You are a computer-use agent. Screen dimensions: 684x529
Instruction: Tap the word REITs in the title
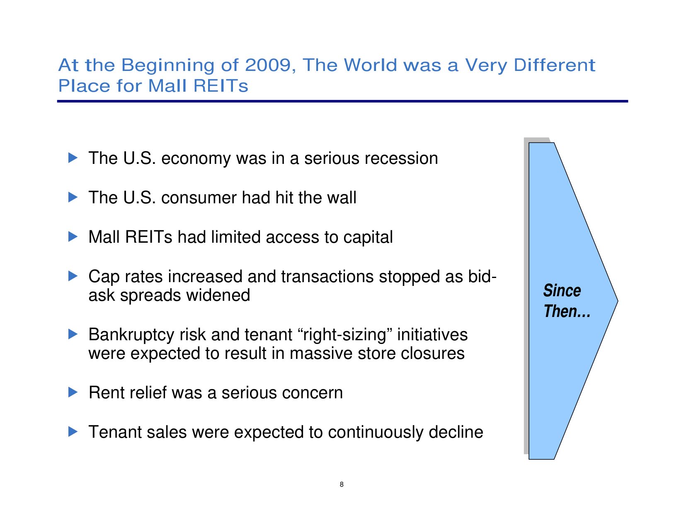pos(221,86)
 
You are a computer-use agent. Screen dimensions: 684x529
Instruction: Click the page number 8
pos(342,484)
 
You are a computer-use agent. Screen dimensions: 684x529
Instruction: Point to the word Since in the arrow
pos(562,290)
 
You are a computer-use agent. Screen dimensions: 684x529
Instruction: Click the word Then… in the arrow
pos(567,311)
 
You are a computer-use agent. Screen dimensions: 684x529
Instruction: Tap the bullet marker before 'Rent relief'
pos(73,392)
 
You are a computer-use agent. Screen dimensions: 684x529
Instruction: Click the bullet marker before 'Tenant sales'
pos(73,431)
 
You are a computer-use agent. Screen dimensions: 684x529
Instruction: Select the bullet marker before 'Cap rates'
pos(73,276)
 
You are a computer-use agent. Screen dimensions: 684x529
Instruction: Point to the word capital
pos(368,238)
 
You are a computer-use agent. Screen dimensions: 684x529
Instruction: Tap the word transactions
pos(327,277)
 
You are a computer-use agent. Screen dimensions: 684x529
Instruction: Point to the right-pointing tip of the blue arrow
pos(618,301)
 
